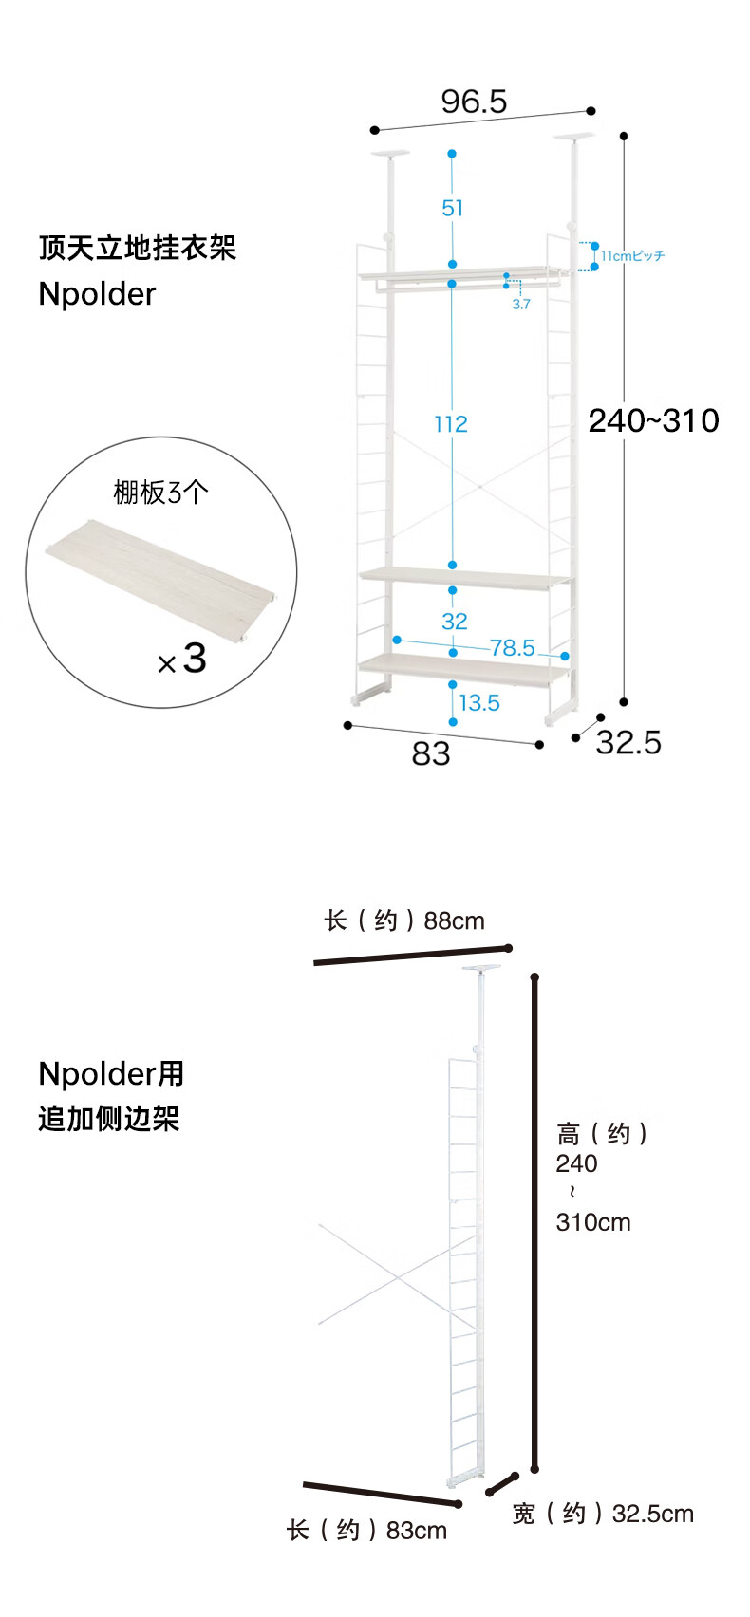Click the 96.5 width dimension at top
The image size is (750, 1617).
point(474,102)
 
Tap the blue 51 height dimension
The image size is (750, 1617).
point(453,208)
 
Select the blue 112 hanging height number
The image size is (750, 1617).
point(451,423)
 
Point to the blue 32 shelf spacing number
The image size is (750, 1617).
point(454,622)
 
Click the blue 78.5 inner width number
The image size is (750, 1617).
point(513,647)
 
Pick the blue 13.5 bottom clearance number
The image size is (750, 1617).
point(479,703)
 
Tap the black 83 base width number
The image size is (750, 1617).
point(431,753)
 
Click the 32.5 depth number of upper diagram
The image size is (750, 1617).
point(628,742)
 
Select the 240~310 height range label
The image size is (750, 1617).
point(653,420)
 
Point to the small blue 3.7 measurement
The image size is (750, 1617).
point(521,305)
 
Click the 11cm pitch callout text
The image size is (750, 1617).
point(632,256)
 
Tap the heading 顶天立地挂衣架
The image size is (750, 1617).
point(138,248)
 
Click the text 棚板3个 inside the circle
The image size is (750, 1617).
point(160,492)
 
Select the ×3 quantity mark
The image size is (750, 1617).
point(182,659)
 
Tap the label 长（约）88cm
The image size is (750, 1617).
point(404,920)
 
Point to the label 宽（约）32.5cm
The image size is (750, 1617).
point(603,1514)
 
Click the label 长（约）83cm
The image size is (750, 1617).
point(367,1531)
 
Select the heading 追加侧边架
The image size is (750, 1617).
point(109,1119)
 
